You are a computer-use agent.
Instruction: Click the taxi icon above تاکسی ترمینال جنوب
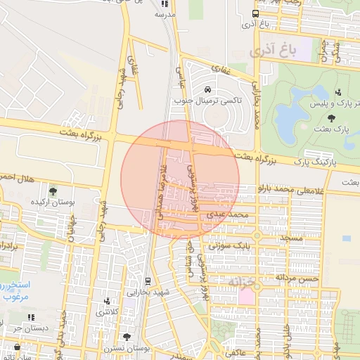208,89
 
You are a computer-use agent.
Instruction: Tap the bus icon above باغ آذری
255,13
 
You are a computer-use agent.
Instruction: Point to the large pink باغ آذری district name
269,51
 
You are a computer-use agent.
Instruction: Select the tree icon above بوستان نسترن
127,337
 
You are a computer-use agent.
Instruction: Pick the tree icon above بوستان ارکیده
53,190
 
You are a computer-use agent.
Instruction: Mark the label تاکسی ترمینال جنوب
217,101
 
